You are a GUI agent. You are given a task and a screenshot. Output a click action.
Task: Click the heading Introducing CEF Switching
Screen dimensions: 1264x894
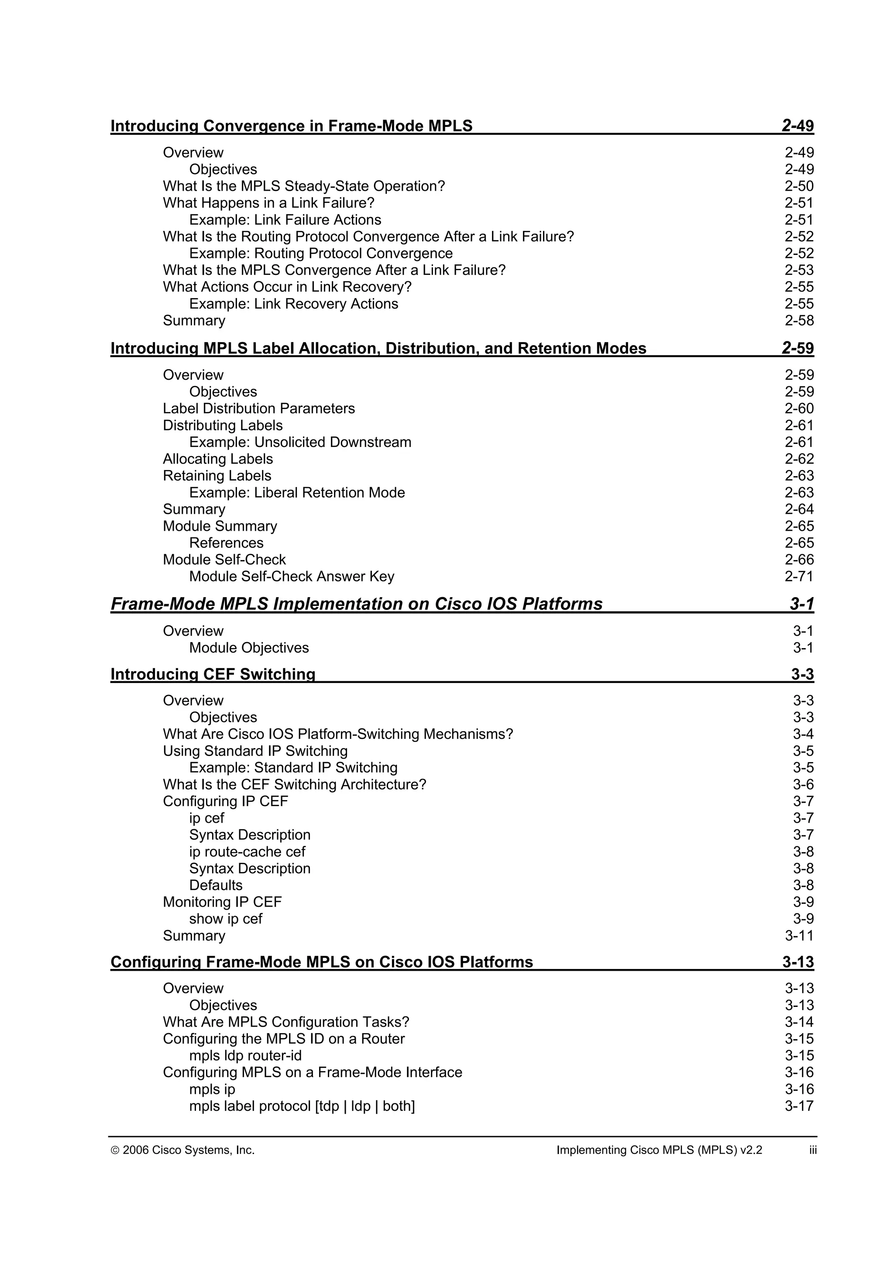(213, 674)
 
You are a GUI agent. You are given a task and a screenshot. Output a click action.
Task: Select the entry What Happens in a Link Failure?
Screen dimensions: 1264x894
(268, 203)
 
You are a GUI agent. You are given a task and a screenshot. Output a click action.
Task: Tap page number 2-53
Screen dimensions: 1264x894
(799, 270)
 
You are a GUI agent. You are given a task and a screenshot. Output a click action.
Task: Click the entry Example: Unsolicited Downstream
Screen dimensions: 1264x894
(300, 443)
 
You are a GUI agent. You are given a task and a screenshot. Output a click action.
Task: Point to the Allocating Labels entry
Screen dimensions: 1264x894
(217, 459)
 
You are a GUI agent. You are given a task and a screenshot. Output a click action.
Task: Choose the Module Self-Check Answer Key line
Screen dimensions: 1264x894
(291, 577)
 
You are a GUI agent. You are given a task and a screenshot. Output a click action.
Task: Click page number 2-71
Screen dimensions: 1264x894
(799, 577)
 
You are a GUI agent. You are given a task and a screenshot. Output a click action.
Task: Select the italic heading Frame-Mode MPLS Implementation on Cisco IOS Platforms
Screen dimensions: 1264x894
(356, 605)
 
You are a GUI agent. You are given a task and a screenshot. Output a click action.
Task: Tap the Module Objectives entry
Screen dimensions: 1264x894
(249, 648)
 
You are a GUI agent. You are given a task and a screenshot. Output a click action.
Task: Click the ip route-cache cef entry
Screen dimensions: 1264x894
(247, 852)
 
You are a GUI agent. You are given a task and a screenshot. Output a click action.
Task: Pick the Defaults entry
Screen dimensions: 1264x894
(216, 886)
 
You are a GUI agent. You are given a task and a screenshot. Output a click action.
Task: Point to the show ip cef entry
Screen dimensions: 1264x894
(226, 919)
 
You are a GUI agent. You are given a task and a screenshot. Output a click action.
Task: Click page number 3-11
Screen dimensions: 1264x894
(799, 936)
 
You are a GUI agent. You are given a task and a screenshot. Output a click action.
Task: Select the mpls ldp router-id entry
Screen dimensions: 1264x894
(245, 1056)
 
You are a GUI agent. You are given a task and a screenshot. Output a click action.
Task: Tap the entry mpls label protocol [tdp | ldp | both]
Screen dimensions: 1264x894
(302, 1106)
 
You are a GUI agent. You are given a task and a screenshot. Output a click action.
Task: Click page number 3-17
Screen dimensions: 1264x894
(799, 1106)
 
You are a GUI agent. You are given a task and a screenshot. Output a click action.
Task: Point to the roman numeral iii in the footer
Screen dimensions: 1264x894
(812, 1151)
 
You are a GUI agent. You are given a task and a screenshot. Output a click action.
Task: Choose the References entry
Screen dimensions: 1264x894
(226, 543)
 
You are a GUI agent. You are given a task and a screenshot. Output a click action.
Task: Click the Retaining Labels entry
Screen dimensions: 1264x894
(217, 476)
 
